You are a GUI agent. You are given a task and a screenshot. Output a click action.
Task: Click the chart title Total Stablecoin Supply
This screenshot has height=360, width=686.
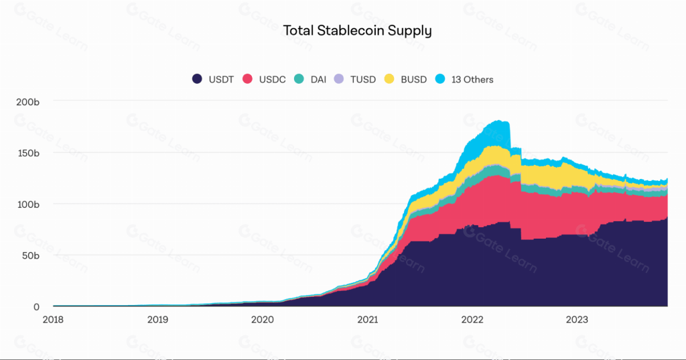point(357,30)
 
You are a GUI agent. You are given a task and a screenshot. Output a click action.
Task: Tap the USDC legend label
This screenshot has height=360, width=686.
point(273,79)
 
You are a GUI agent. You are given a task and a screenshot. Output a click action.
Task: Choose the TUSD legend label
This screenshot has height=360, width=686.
point(362,79)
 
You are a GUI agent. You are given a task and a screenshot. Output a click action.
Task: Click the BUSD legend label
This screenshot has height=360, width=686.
point(413,79)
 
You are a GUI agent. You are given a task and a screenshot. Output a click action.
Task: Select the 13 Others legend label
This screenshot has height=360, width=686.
point(472,79)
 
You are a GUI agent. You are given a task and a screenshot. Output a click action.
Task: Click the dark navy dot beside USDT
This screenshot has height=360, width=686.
point(197,79)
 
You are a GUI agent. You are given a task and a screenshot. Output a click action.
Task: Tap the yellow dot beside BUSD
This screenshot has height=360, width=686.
point(389,79)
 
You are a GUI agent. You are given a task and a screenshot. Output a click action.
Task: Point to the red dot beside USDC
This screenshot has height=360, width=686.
point(247,79)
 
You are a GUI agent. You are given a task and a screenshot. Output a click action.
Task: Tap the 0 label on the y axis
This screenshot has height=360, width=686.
point(37,306)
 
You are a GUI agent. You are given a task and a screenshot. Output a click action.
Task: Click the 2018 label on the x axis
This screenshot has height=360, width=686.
point(53,320)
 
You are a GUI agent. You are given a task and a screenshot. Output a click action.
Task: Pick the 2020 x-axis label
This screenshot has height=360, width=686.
point(262,320)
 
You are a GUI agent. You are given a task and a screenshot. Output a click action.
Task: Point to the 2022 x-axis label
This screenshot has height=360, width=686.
point(472,320)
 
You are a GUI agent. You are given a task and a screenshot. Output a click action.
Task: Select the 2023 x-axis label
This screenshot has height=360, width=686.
point(576,320)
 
